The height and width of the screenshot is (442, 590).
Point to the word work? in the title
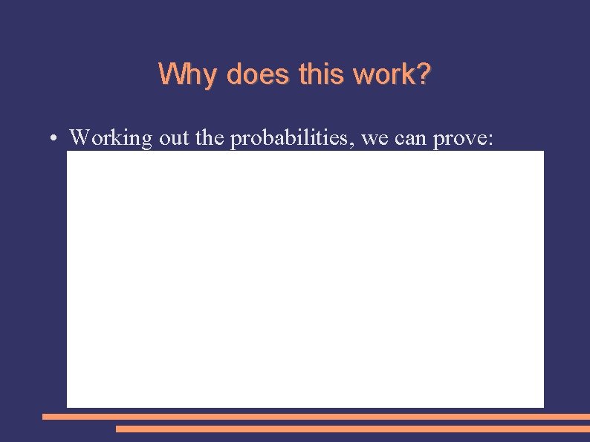(x=392, y=74)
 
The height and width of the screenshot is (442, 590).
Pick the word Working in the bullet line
(x=111, y=138)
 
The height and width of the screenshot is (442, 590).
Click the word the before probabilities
(x=211, y=138)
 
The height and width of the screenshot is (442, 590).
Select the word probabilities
(x=292, y=139)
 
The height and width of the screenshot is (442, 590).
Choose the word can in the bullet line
(x=411, y=139)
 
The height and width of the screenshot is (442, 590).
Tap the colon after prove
(x=490, y=140)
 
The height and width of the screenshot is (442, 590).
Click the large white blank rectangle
(x=305, y=279)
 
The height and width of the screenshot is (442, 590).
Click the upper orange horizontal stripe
(x=316, y=417)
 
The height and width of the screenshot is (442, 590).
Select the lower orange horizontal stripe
(x=353, y=429)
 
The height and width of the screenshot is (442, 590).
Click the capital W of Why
(x=169, y=74)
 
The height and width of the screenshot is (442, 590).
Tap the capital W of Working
(x=79, y=137)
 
